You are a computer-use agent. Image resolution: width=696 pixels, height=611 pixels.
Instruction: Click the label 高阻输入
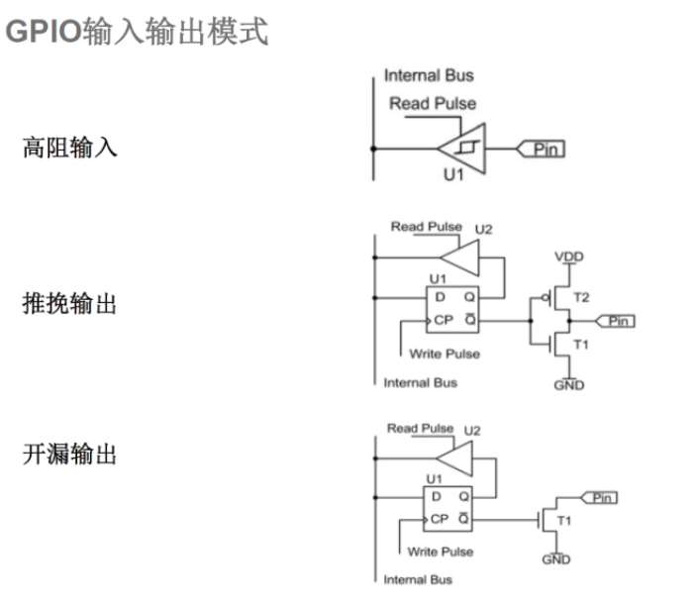[x=70, y=149]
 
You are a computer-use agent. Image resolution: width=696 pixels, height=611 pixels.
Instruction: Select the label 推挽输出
[x=70, y=304]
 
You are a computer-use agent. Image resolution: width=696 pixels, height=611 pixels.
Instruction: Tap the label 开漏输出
[x=70, y=455]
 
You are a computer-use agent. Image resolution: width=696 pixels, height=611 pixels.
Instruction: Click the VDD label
[x=569, y=256]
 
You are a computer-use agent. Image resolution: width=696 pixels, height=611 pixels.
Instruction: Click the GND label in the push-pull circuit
[x=569, y=385]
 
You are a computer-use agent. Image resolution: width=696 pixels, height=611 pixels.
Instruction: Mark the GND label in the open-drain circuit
[x=556, y=560]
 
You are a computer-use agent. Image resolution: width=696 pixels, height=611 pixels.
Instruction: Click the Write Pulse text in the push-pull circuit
[x=444, y=354]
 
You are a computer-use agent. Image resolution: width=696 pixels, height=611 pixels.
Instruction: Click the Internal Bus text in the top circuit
[x=429, y=75]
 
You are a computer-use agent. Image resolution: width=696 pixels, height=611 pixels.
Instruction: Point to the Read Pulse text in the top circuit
[x=432, y=103]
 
